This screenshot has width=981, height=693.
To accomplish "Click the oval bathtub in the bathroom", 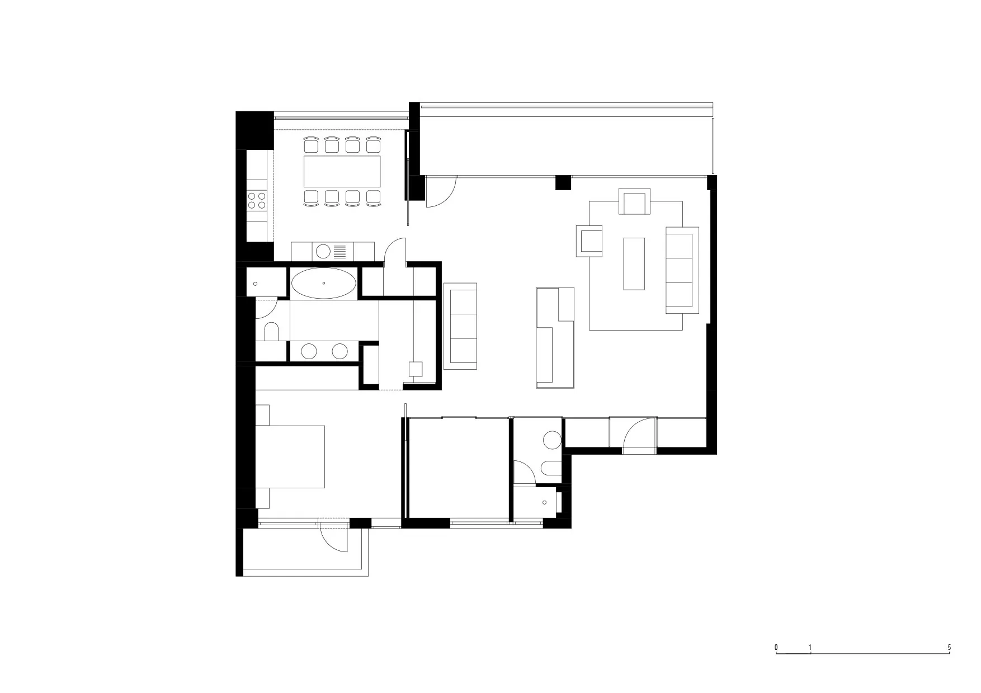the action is pyautogui.click(x=324, y=284).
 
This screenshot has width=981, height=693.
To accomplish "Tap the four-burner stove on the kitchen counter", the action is pyautogui.click(x=257, y=200).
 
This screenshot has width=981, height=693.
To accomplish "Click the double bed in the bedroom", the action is pyautogui.click(x=290, y=456).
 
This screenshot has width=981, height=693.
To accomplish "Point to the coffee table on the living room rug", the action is pyautogui.click(x=634, y=263).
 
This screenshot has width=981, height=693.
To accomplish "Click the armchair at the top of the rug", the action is pyautogui.click(x=635, y=201).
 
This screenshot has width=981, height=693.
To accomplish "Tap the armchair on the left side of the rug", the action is pyautogui.click(x=589, y=241).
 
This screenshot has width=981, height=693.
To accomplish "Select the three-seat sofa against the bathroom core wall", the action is pyautogui.click(x=460, y=326).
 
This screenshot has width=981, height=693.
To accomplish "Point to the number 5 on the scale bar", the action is pyautogui.click(x=949, y=648).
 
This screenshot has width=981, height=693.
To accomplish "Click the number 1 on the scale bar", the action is pyautogui.click(x=810, y=648).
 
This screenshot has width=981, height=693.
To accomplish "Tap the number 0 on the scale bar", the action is pyautogui.click(x=776, y=648).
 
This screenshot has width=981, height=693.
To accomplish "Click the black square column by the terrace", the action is pyautogui.click(x=563, y=183).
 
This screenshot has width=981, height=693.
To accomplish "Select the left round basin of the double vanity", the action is pyautogui.click(x=309, y=351).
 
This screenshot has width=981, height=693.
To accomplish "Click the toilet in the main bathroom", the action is pyautogui.click(x=272, y=332).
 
